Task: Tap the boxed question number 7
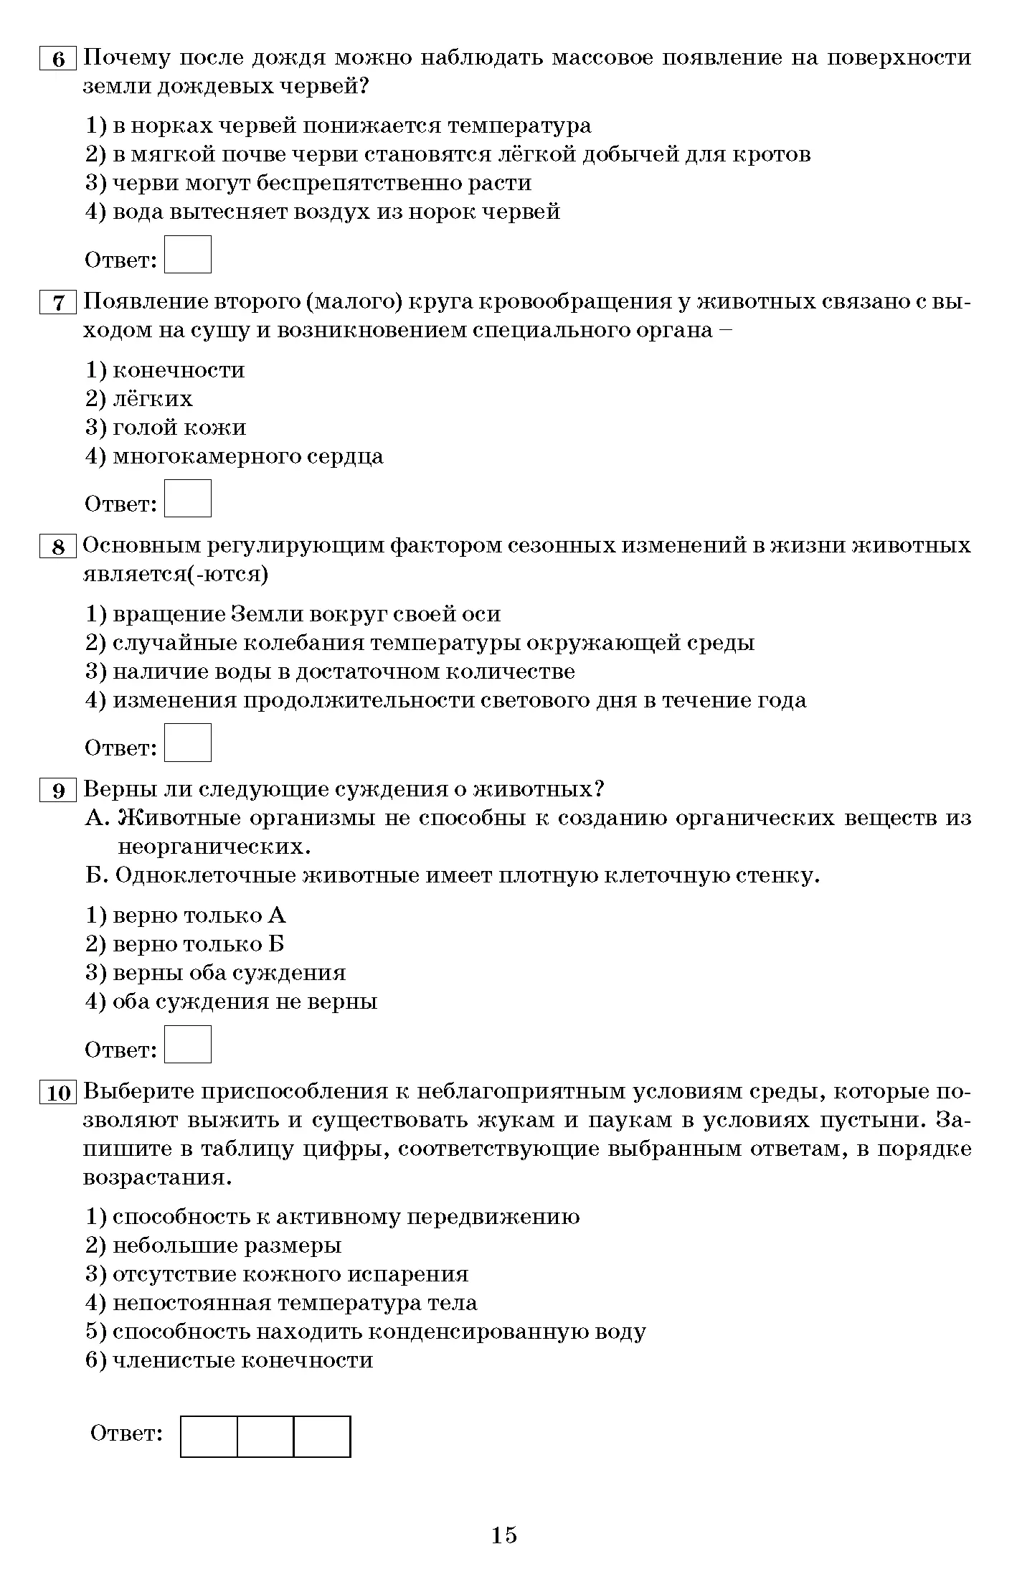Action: click(58, 303)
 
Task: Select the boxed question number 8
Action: click(58, 547)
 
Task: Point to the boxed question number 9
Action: click(58, 791)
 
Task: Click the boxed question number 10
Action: click(58, 1093)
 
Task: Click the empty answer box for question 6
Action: click(187, 255)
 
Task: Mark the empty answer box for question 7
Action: click(187, 499)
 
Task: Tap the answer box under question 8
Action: click(187, 743)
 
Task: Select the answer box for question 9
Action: click(187, 1045)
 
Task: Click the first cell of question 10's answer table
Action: click(209, 1436)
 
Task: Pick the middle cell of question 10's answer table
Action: click(265, 1436)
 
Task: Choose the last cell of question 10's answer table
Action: click(322, 1436)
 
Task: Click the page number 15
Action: click(504, 1535)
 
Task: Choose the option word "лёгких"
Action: click(153, 399)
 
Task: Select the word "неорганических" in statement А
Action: click(213, 847)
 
